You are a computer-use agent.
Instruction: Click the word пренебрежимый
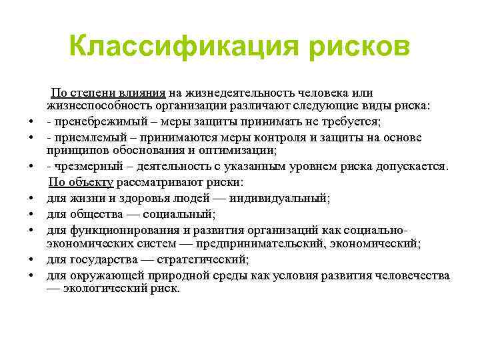[93, 122]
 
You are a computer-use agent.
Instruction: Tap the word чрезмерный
[85, 167]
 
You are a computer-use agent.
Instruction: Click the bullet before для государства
[31, 261]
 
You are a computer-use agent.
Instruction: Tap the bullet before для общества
[31, 214]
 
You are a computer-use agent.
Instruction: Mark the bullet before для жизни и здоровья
[31, 199]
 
